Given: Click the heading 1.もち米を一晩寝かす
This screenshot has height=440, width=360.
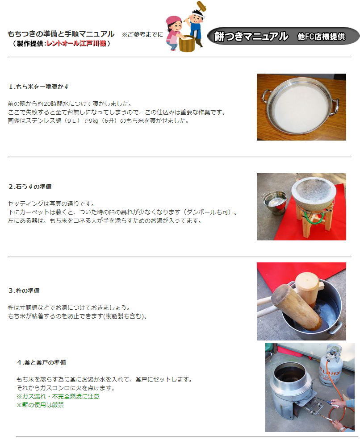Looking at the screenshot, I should coord(39,86).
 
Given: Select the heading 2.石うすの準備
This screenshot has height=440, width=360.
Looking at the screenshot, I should coord(33,186).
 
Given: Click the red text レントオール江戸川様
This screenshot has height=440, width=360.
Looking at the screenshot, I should coord(76,43).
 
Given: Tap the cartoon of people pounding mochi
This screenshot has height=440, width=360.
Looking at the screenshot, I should coord(184,28).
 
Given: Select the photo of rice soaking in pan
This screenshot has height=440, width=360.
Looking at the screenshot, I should coord(301,107).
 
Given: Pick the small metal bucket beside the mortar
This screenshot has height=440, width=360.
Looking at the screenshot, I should coord(275,202).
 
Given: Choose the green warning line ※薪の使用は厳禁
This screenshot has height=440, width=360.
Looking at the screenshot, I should coord(40,405).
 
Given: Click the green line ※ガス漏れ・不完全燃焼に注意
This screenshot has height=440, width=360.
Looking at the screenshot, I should coord(58,396).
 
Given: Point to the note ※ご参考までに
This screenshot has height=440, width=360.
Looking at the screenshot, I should coord(142,35).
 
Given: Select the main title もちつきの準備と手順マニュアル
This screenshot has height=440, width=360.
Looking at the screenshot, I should coord(61,34).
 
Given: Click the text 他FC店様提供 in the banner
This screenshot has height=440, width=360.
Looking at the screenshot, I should coord(321,37).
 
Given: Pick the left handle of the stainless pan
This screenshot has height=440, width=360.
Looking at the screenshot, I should coord(266,95).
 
